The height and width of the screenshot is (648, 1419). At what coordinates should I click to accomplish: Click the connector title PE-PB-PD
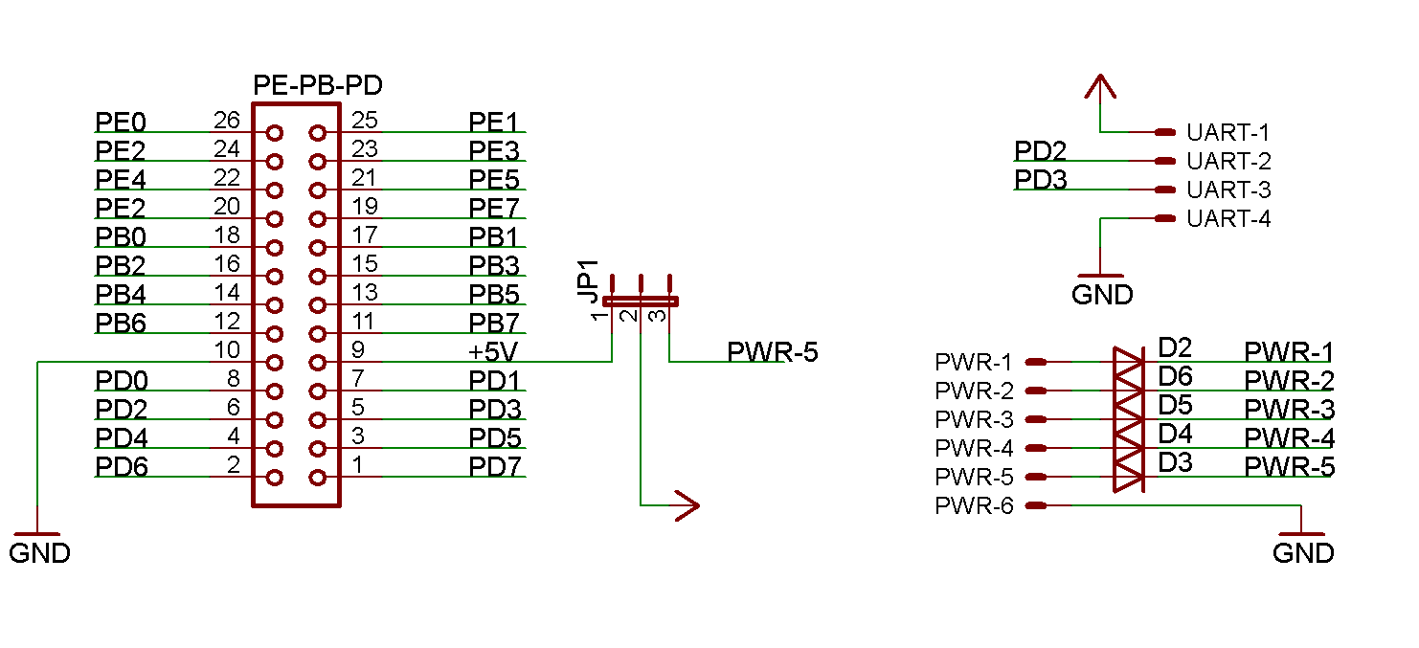[x=317, y=86]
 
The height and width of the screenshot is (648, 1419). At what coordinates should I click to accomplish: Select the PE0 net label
[x=121, y=123]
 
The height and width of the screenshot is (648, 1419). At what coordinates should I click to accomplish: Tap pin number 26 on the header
[x=227, y=121]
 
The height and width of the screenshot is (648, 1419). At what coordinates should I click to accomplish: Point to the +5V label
[x=492, y=351]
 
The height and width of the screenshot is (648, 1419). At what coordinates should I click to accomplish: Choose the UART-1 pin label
[x=1228, y=132]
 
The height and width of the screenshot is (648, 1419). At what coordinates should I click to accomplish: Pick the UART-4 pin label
[x=1228, y=218]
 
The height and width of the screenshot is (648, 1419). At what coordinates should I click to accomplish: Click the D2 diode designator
[x=1175, y=346]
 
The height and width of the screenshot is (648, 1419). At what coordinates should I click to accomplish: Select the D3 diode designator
[x=1175, y=462]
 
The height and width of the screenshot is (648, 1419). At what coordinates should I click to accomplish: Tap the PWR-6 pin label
[x=974, y=505]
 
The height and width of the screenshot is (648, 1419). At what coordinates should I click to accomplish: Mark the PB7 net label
[x=493, y=324]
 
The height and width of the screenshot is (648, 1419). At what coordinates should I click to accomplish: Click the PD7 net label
[x=494, y=467]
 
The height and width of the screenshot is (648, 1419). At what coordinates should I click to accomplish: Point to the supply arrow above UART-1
[x=1101, y=88]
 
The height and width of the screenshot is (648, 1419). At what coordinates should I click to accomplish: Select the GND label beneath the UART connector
[x=1101, y=295]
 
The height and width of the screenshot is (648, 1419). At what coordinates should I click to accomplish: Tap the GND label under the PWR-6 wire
[x=1302, y=553]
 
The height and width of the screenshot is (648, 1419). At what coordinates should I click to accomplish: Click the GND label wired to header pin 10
[x=39, y=553]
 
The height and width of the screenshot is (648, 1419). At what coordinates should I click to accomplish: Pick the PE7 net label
[x=493, y=208]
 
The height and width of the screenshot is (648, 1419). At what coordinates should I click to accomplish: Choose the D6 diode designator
[x=1175, y=375]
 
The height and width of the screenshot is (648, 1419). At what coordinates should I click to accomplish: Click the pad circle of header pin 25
[x=318, y=133]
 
